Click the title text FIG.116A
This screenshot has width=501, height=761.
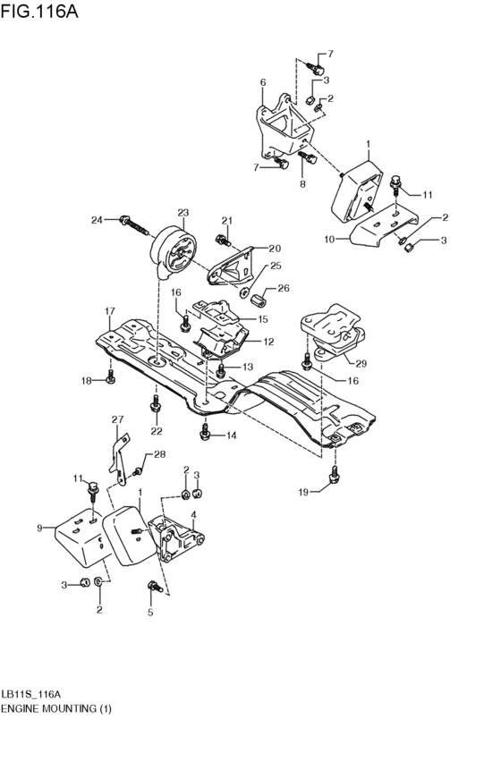coord(41,14)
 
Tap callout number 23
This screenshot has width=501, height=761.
coord(183,213)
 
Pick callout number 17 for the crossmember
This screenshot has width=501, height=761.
coord(109,311)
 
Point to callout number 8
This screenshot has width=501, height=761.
coord(302,184)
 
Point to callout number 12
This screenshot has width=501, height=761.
coord(268,341)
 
